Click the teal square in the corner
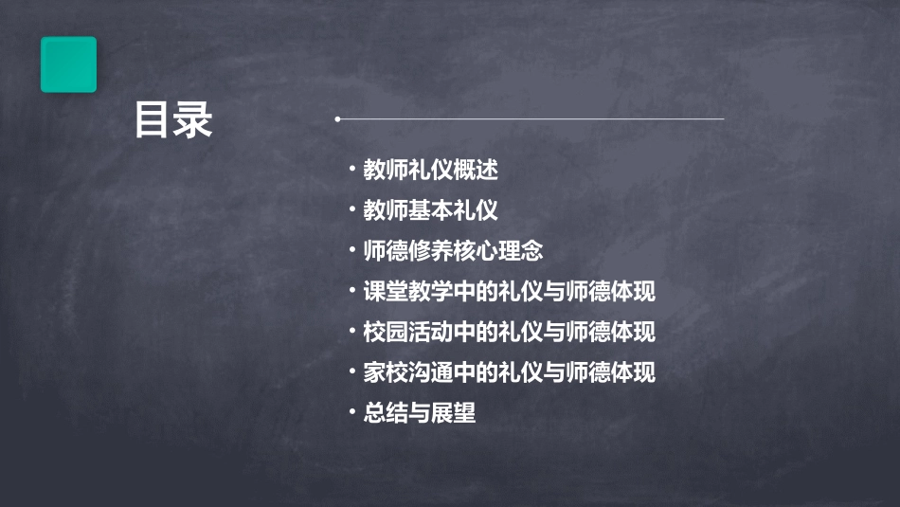point(68,64)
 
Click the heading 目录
point(173,120)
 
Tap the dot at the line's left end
point(337,119)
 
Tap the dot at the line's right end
point(723,119)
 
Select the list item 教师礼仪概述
point(430,171)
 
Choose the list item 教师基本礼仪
point(430,210)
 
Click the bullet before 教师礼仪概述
point(352,171)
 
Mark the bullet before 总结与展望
point(352,413)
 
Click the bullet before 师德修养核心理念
point(352,251)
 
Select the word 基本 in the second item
point(430,210)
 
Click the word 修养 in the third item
point(430,251)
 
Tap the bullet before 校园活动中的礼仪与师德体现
point(352,333)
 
